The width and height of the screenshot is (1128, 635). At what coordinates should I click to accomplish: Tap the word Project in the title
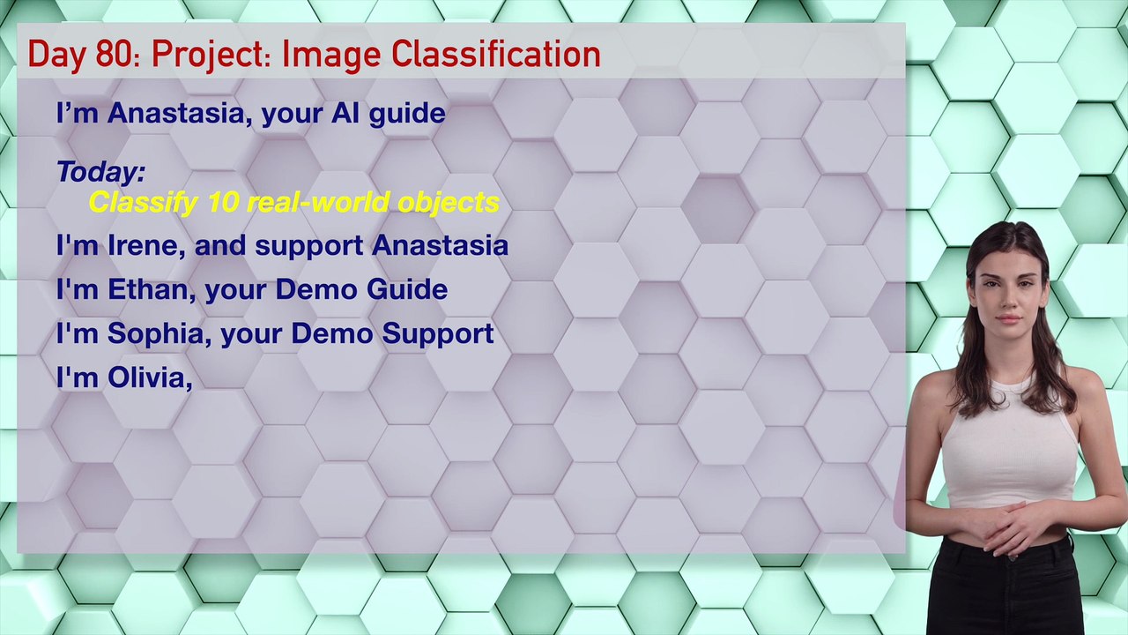tap(206, 56)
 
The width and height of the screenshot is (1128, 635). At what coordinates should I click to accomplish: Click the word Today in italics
tap(98, 171)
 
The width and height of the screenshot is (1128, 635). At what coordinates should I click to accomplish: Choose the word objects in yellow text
tap(449, 204)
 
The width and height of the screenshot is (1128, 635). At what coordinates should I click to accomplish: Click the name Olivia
tap(147, 377)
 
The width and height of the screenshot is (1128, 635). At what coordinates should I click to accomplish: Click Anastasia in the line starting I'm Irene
tap(440, 245)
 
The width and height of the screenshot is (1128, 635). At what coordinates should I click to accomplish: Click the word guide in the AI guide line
tap(407, 114)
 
